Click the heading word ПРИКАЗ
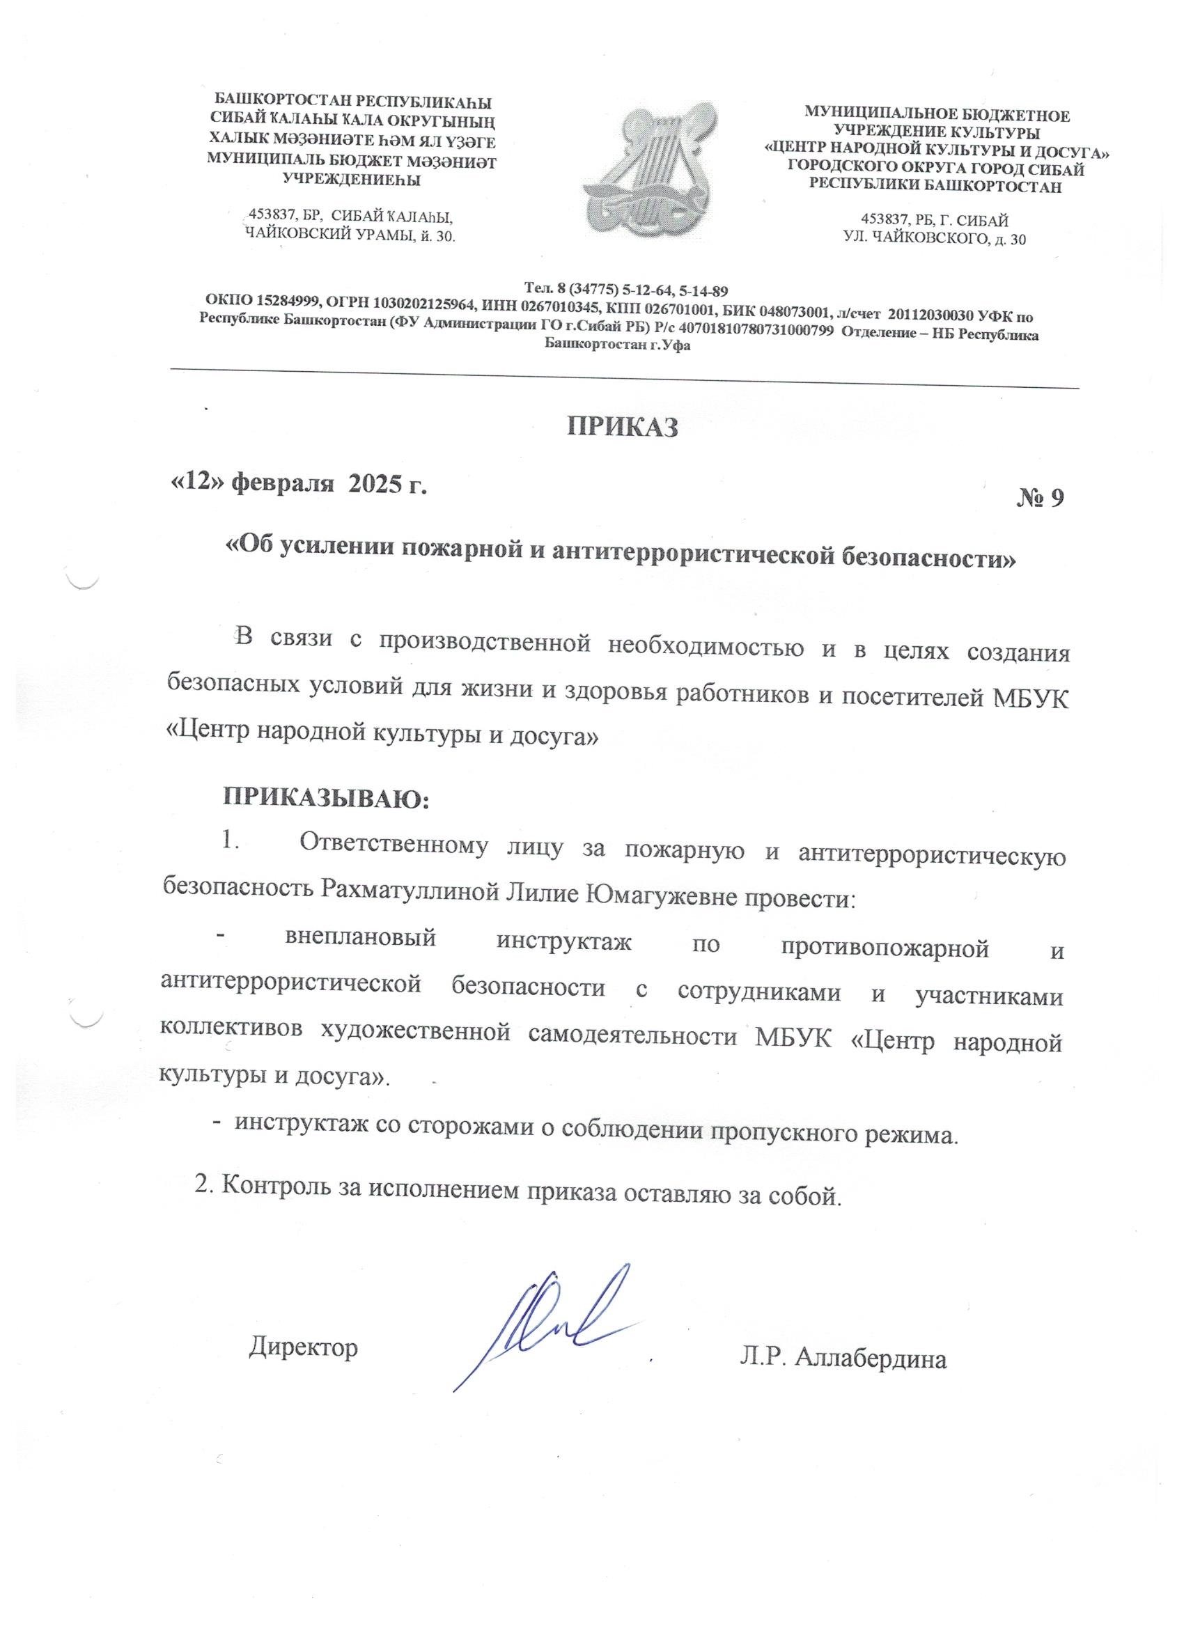[623, 426]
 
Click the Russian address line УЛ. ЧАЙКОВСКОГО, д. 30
[935, 239]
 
